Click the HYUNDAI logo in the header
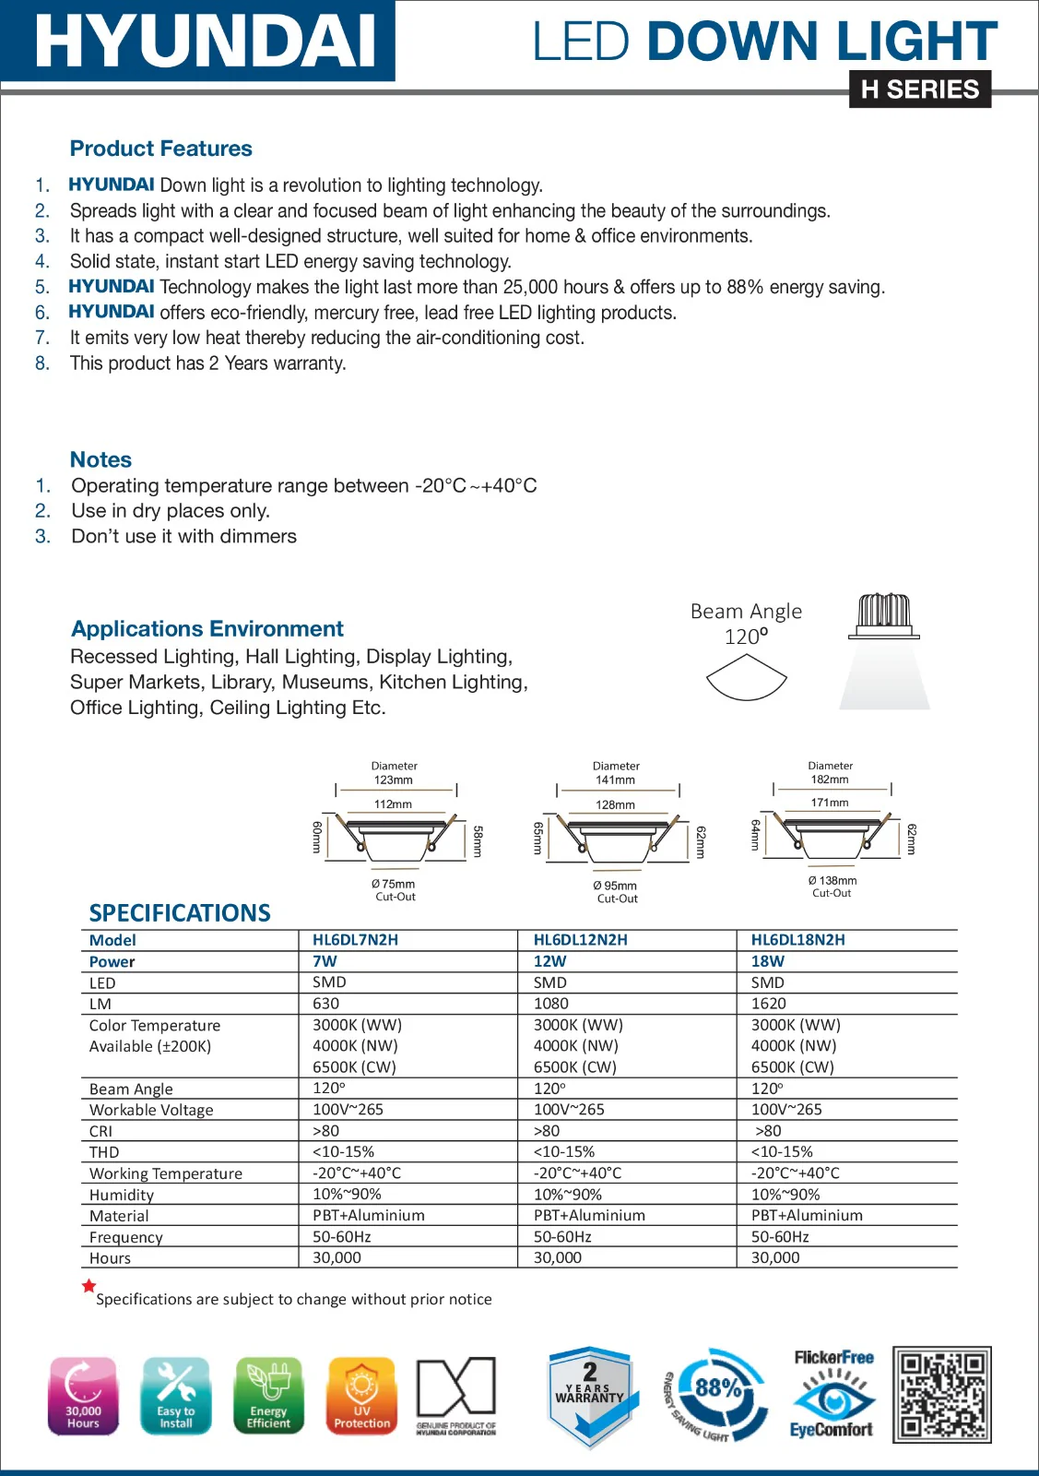(x=205, y=41)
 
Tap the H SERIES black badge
(x=919, y=89)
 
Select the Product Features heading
(x=160, y=149)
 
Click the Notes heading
(x=100, y=459)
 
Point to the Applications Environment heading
(x=207, y=628)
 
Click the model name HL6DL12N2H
(x=580, y=940)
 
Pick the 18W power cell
(x=767, y=961)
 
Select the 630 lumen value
(x=325, y=1004)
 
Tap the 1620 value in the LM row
(x=768, y=1004)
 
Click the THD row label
(x=104, y=1152)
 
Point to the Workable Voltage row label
(x=151, y=1110)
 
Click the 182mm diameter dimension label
(x=830, y=780)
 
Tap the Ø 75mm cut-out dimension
(x=394, y=884)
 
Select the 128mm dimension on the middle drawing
(x=615, y=804)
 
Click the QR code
(x=941, y=1394)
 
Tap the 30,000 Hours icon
(x=83, y=1396)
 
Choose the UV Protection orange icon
(x=361, y=1396)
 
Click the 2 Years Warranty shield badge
(x=589, y=1395)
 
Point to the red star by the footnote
(x=89, y=1286)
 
